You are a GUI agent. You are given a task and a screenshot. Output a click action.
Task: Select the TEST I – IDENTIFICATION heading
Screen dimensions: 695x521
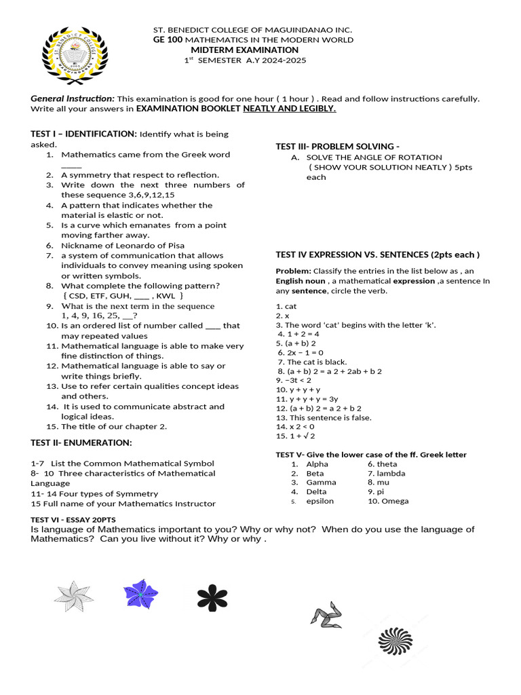84,134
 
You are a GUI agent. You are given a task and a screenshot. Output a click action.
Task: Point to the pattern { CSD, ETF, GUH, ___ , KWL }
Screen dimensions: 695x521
123,296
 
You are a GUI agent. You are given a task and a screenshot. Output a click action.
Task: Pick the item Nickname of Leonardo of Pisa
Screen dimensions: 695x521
123,245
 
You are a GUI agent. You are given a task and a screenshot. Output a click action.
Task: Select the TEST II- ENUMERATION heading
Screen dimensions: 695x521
81,443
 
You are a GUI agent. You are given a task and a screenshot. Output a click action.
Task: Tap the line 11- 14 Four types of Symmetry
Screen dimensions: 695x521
94,493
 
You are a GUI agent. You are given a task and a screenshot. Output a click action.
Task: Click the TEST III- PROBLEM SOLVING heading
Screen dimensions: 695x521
337,147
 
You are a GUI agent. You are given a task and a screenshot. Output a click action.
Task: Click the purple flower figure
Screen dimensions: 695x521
140,594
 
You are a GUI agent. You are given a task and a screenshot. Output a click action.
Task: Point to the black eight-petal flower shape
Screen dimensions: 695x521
212,597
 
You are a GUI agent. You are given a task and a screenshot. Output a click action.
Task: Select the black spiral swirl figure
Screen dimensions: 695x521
395,641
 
